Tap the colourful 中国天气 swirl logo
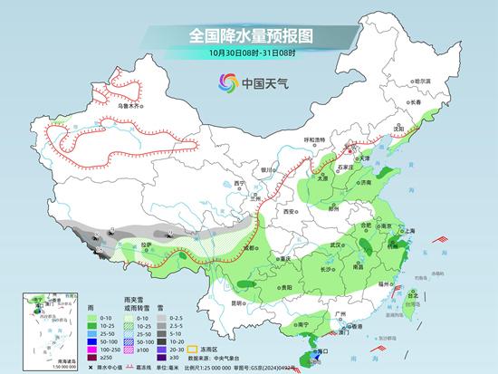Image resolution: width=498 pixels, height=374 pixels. (223, 84)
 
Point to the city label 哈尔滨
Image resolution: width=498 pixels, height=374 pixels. (422, 81)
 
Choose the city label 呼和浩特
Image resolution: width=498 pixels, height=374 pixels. (313, 139)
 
